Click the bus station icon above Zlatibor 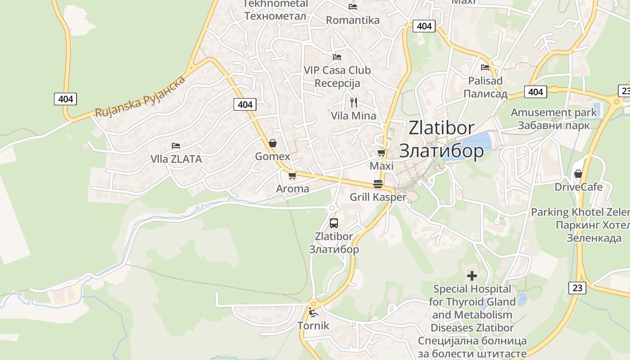333,223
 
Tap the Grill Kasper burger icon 378,184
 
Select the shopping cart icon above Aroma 292,175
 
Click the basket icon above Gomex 272,143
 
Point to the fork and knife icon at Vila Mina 354,103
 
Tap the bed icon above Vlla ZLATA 176,146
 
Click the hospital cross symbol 472,275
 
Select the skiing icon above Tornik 313,312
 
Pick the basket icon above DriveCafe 578,174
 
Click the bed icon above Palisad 485,67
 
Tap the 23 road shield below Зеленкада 577,288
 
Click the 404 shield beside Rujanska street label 65,99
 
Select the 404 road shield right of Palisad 535,92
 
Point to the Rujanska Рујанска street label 140,97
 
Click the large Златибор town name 441,151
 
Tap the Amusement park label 553,112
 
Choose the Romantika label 353,20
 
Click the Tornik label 313,326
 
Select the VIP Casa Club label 337,70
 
